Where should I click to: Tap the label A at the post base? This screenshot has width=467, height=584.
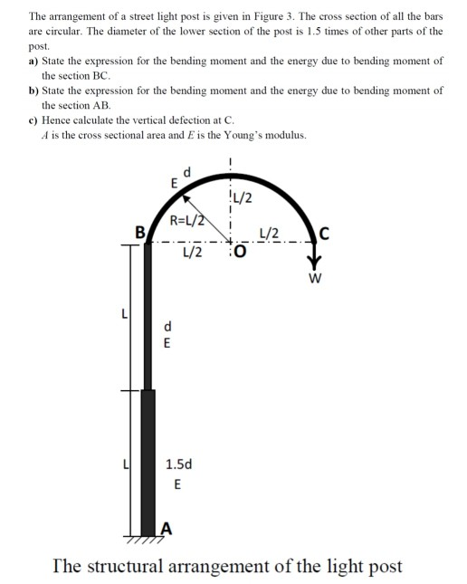pyautogui.click(x=166, y=530)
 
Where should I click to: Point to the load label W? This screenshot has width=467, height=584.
pyautogui.click(x=314, y=279)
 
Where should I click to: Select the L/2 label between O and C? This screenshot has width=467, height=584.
pyautogui.click(x=269, y=235)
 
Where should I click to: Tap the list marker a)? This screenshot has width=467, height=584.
pyautogui.click(x=33, y=62)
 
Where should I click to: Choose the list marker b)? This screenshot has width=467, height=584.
pyautogui.click(x=33, y=91)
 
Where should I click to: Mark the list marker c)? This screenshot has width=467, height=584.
pyautogui.click(x=33, y=120)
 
